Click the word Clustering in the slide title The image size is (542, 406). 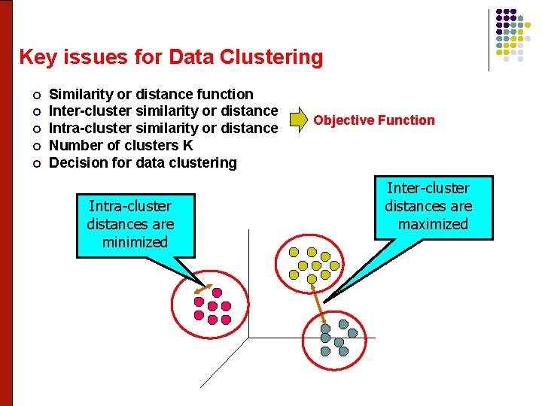(273, 57)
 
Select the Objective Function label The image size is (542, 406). (374, 120)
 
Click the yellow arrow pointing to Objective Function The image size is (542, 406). (299, 120)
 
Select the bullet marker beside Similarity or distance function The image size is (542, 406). (35, 95)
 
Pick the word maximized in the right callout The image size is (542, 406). (433, 224)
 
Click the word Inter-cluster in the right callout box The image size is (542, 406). (428, 188)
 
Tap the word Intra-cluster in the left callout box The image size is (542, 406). (130, 206)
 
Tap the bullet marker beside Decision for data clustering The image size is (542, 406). (35, 163)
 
